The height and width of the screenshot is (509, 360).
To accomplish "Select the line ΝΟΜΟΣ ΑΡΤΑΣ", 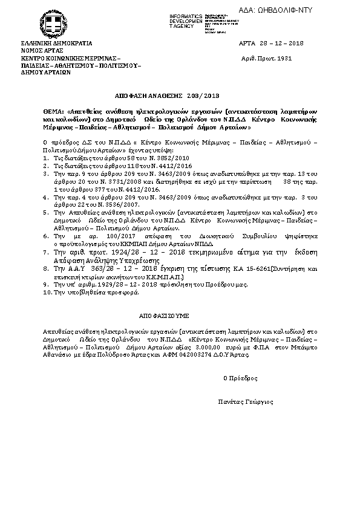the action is coord(41,51).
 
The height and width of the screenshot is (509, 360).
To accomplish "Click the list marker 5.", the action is coord(45,212).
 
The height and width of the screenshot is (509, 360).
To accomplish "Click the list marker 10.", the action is coord(47,292).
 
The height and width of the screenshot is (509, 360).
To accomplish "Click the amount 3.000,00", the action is coord(221,348).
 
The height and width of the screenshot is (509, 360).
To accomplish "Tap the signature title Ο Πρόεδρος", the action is coord(240,378).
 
